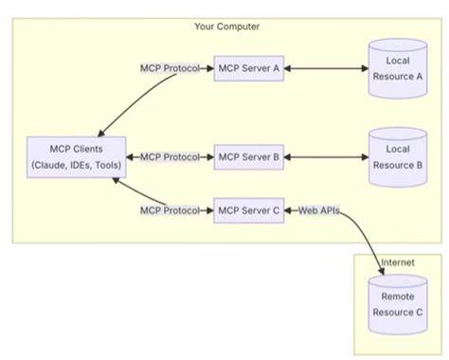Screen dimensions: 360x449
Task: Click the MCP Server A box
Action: (248, 69)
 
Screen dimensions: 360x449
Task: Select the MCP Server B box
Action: (248, 156)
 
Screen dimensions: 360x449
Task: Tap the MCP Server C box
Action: (248, 209)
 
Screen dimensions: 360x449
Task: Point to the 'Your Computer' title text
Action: (226, 27)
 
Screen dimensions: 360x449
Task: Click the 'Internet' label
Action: (397, 261)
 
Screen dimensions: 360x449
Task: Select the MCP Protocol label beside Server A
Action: (170, 69)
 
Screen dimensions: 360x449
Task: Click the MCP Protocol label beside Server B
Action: (170, 156)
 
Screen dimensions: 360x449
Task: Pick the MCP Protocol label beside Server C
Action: (170, 209)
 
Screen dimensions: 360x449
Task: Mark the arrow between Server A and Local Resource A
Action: (325, 69)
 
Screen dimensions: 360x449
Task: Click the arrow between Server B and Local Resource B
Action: (325, 156)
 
